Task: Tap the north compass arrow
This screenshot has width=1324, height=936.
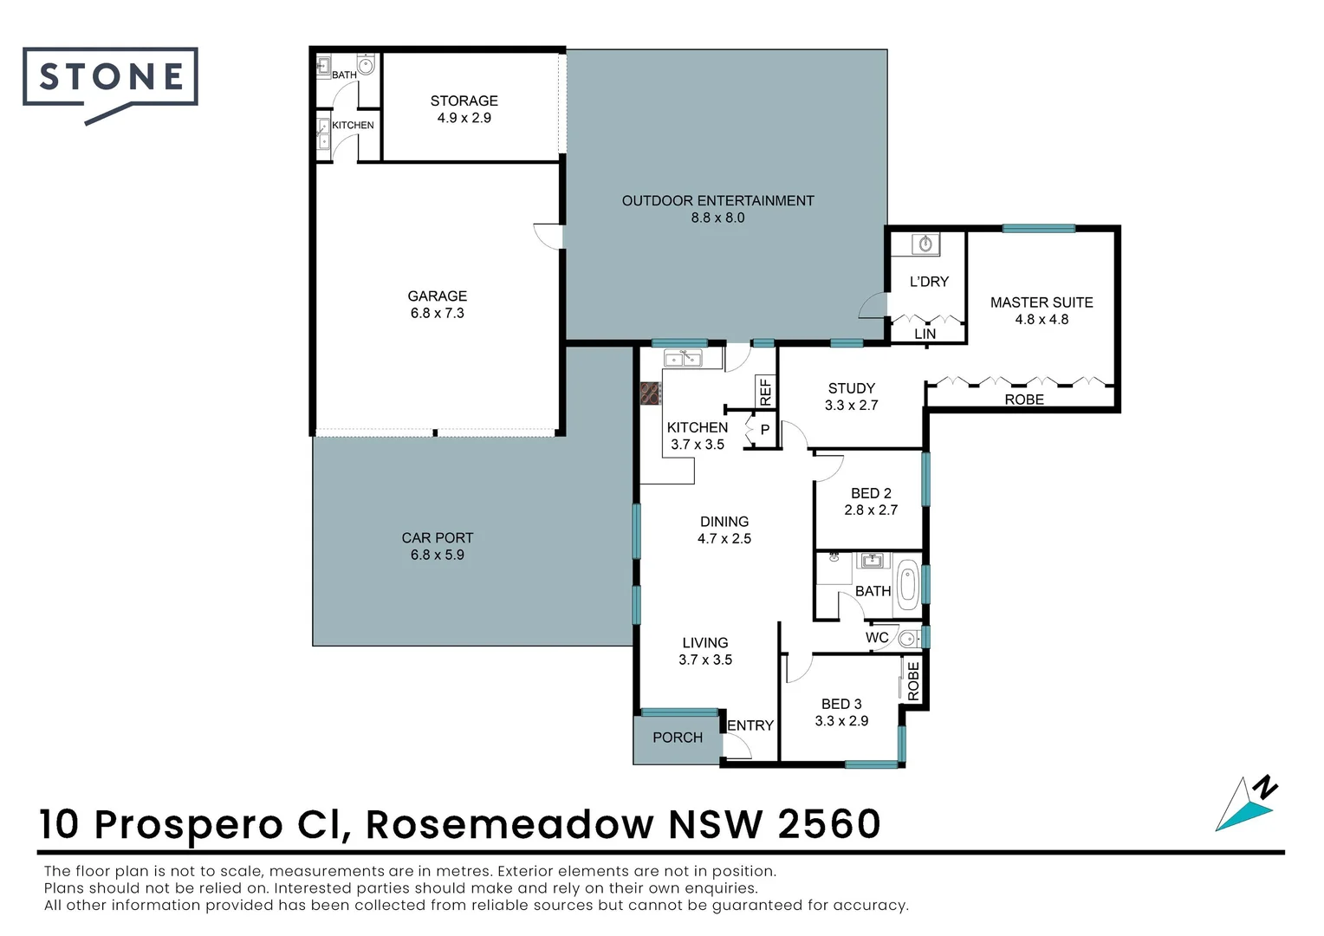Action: coord(1246,805)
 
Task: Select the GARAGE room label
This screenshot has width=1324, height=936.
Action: coord(437,296)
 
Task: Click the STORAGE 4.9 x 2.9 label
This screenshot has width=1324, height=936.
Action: coord(464,109)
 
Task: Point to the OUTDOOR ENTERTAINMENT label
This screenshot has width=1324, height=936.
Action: coord(717,201)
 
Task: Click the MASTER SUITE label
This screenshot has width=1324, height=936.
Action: coord(1042,302)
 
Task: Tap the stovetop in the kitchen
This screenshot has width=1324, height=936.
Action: coord(650,393)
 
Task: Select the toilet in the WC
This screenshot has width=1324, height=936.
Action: coord(909,638)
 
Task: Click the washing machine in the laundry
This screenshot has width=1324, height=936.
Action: coord(925,244)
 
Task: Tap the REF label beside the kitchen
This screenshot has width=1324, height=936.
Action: coord(765,392)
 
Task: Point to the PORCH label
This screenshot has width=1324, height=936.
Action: coord(678,738)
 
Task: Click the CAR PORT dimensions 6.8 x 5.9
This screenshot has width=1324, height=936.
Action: coord(438,556)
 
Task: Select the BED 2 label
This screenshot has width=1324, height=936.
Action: coord(871,493)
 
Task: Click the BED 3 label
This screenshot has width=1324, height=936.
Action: coord(841,705)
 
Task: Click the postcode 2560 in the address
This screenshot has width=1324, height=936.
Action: coord(829,824)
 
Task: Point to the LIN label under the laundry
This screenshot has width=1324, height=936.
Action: coord(925,334)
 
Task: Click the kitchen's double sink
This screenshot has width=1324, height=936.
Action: coord(683,358)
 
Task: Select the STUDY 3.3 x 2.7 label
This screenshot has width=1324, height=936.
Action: coord(851,397)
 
